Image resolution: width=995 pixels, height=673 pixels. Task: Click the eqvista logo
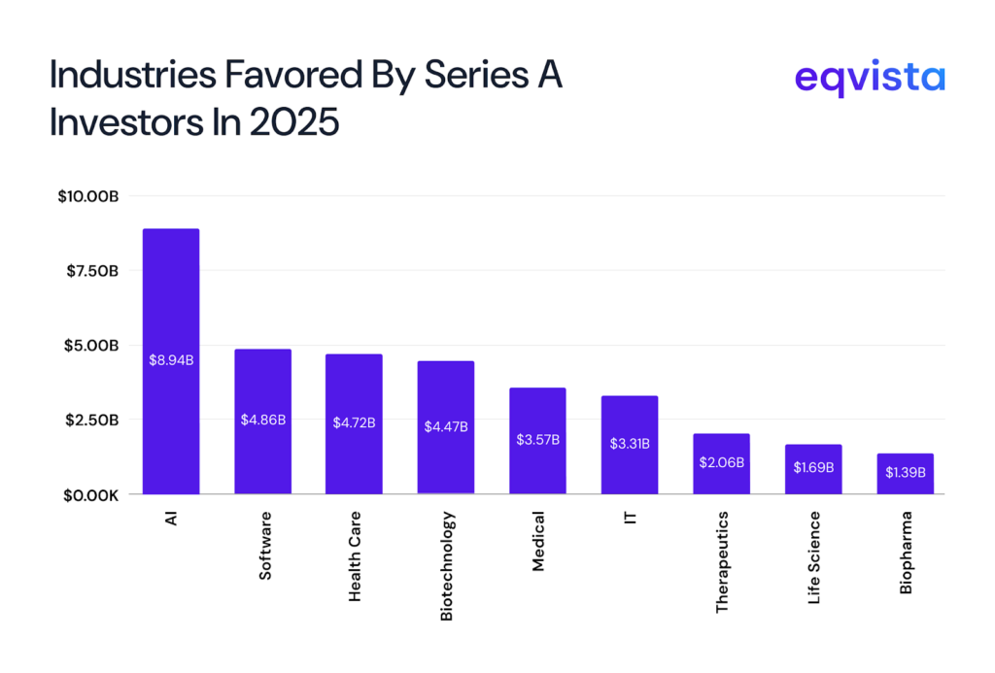(869, 78)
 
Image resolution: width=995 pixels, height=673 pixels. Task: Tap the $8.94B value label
(171, 360)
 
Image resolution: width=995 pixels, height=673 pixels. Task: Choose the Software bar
(262, 388)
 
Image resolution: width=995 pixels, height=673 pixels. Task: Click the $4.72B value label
(354, 422)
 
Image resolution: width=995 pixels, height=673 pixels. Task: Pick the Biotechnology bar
(446, 398)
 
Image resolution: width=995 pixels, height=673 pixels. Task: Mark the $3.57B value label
(537, 439)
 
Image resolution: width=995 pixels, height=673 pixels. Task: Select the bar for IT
(630, 418)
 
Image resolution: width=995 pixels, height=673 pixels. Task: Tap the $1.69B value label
(813, 468)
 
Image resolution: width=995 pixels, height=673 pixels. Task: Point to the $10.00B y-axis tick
(87, 196)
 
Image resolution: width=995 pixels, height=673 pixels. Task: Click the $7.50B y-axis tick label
(91, 271)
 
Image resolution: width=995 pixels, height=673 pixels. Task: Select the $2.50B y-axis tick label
(91, 420)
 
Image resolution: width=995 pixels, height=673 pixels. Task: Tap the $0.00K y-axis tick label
(89, 494)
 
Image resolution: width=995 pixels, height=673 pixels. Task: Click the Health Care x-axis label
(355, 556)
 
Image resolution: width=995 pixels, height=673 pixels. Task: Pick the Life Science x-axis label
(813, 558)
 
